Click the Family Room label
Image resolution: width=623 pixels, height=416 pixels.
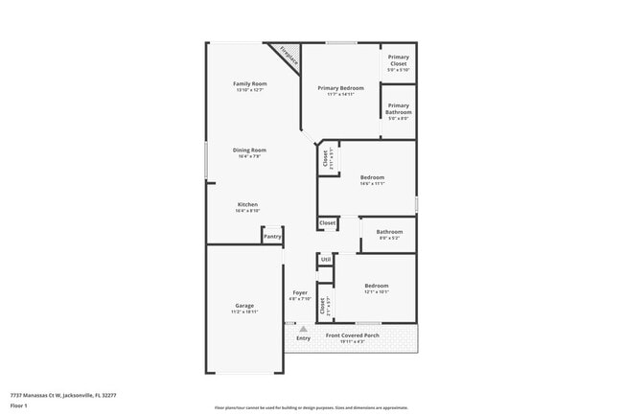coord(248,84)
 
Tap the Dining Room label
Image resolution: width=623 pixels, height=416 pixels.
coord(248,150)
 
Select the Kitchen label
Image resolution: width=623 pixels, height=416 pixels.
coord(248,204)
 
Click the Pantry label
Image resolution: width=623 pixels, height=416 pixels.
coord(273,236)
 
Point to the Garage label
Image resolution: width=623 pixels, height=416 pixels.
coord(244,306)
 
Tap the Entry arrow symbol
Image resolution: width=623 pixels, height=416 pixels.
coord(303,329)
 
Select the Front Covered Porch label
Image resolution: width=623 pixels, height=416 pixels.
coord(353,335)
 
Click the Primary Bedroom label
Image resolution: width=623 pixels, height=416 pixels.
coord(340,88)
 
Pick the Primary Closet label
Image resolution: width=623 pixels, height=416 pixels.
coord(399,60)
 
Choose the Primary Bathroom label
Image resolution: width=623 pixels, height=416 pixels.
coord(399,108)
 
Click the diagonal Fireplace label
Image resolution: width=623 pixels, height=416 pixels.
coord(288,56)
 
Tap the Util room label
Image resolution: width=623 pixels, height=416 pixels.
coord(326,259)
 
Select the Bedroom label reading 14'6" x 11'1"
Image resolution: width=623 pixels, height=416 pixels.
coord(372,177)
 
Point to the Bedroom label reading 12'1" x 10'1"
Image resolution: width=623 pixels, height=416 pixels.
coord(376,286)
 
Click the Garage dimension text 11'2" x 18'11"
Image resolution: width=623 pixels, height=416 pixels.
coord(244,312)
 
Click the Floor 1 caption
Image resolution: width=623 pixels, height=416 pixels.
coord(19,405)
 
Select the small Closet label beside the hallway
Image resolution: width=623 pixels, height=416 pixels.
coord(328,222)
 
